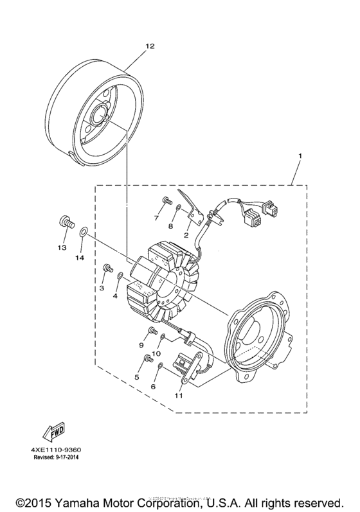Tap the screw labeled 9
pyautogui.click(x=152, y=331)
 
